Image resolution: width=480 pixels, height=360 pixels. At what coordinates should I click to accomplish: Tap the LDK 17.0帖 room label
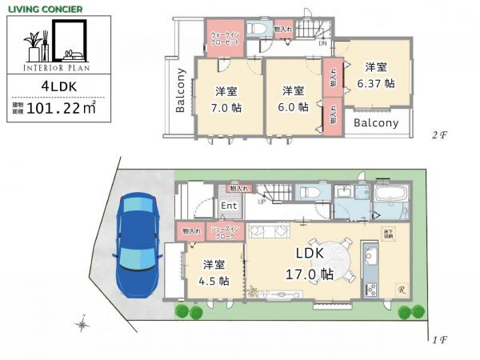pyautogui.click(x=310, y=262)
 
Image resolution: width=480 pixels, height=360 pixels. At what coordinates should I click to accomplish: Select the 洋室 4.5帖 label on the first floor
pyautogui.click(x=213, y=273)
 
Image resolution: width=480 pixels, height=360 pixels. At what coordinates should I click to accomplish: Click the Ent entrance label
pyautogui.click(x=230, y=205)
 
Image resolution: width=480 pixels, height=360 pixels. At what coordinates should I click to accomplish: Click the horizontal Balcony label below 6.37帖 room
pyautogui.click(x=376, y=123)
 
